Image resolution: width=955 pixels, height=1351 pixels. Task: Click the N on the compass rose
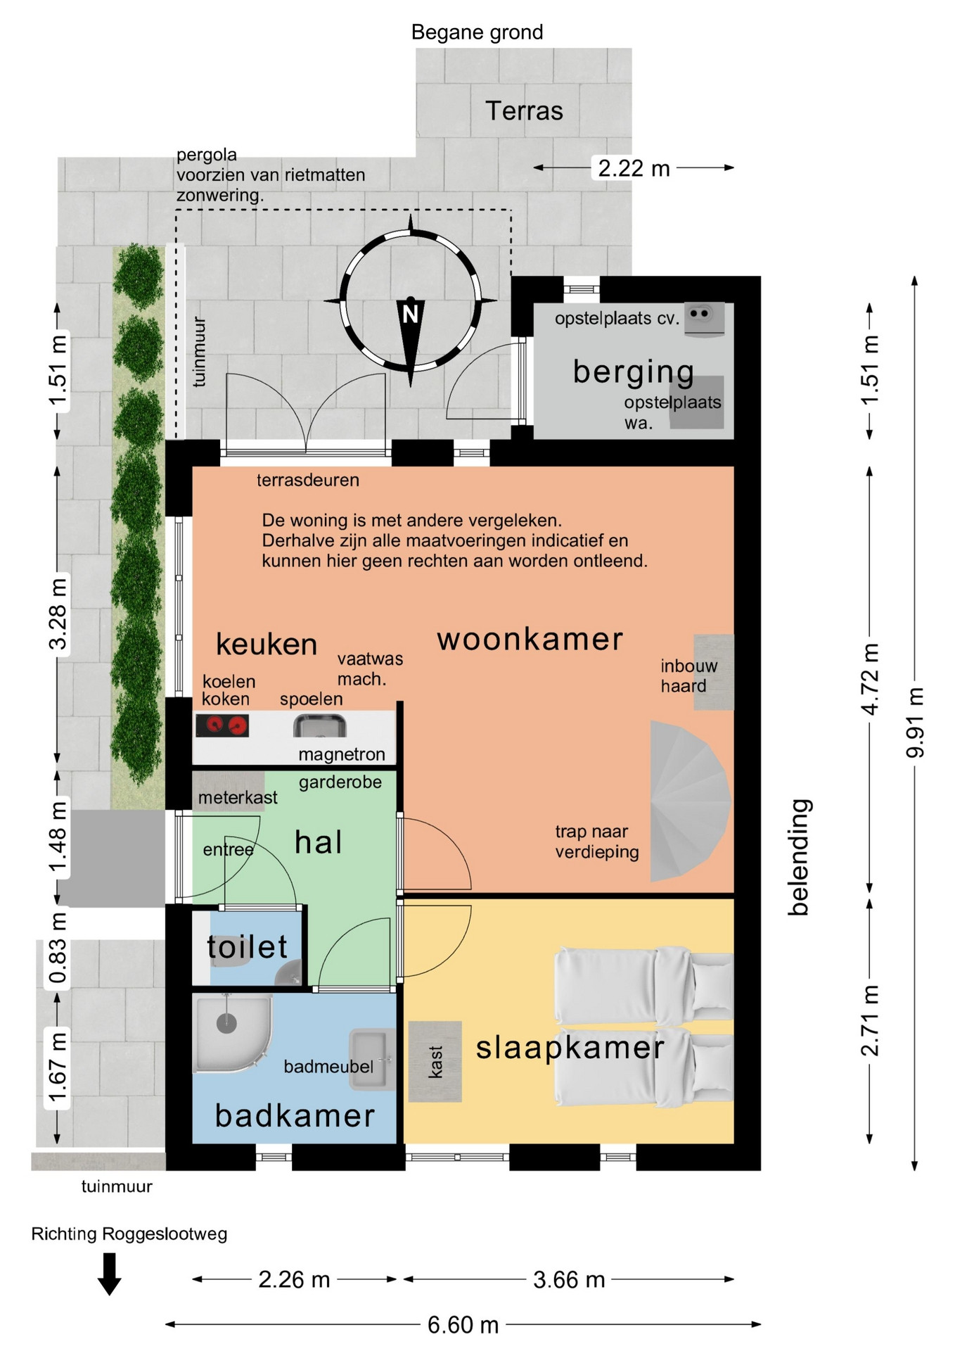410,314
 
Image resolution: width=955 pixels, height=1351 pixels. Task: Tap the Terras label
524,111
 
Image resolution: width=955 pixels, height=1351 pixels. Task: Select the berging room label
633,372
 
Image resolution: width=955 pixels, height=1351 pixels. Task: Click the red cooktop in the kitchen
222,725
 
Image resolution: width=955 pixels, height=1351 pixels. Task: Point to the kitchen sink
320,725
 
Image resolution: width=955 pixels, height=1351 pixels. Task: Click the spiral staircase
689,801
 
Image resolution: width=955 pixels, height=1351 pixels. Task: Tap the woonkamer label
530,640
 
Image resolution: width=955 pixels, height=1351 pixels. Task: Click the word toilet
248,947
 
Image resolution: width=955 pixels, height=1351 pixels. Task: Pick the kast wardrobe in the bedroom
435,1061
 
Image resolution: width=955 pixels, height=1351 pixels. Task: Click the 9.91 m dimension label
915,723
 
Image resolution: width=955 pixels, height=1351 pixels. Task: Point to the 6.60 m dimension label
463,1325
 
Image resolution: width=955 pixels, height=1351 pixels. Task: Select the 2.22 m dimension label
634,168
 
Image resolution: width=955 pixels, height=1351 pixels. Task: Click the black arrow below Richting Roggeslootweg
109,1274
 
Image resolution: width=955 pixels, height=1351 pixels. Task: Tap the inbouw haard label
688,675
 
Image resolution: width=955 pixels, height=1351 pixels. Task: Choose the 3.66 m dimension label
569,1279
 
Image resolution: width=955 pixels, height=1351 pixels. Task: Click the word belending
798,857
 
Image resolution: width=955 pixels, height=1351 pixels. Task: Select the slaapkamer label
570,1048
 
